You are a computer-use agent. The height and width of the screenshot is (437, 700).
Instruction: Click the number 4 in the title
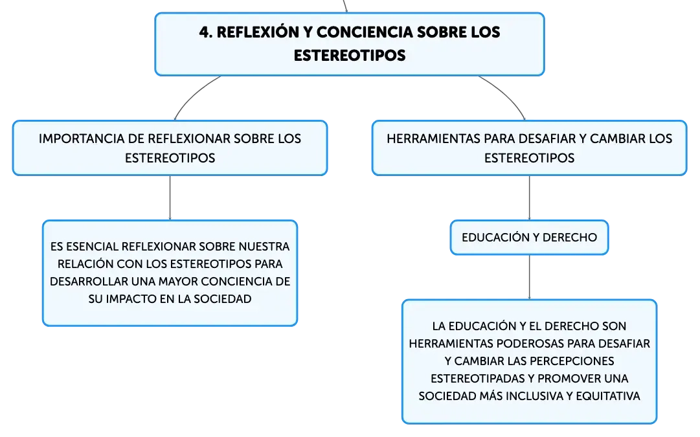click(x=204, y=32)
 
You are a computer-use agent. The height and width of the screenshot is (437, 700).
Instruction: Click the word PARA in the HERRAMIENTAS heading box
click(x=499, y=139)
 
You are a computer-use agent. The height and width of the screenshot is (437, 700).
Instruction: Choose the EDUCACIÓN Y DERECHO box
click(x=529, y=238)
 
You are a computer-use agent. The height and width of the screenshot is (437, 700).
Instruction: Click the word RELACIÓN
click(x=85, y=264)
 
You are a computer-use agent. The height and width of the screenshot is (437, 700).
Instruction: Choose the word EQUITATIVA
click(x=608, y=396)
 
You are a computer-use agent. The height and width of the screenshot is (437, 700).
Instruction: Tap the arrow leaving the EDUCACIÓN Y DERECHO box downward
click(x=530, y=277)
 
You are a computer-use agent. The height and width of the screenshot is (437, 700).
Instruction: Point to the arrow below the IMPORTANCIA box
click(x=170, y=197)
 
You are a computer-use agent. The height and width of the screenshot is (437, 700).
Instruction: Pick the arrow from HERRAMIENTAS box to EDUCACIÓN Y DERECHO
click(x=530, y=197)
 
